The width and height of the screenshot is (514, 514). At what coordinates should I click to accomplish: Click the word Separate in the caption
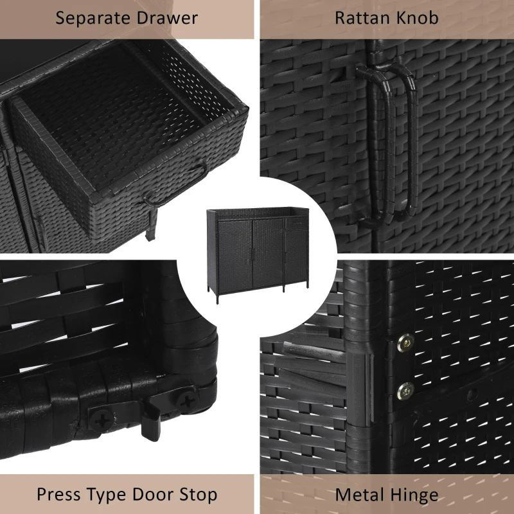[93, 19]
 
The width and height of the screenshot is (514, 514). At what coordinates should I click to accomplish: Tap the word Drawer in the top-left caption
[167, 18]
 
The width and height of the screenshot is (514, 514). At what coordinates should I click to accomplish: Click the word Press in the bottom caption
[58, 495]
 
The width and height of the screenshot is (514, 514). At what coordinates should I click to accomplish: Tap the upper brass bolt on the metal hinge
[405, 343]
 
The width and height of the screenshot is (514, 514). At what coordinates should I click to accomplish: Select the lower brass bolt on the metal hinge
[405, 391]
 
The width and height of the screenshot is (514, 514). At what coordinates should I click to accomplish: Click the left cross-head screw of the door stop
[102, 420]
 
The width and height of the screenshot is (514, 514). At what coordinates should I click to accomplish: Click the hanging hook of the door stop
[151, 425]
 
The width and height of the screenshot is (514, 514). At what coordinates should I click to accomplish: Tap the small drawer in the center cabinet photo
[297, 223]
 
